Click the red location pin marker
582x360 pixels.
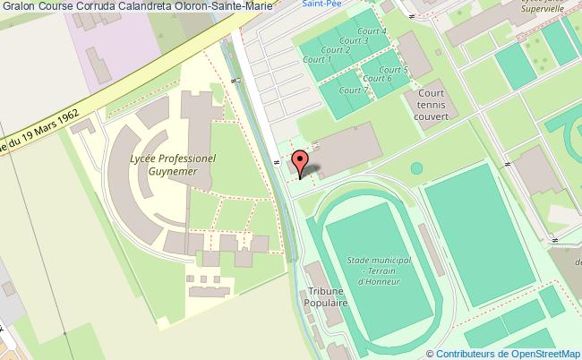click(x=302, y=163)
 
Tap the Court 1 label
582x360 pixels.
click(x=317, y=60)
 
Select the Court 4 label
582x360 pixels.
click(x=372, y=31)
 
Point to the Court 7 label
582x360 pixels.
click(x=355, y=90)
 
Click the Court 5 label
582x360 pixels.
click(x=393, y=70)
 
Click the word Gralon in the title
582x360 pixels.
click(x=18, y=8)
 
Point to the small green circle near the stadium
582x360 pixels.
click(x=416, y=167)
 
